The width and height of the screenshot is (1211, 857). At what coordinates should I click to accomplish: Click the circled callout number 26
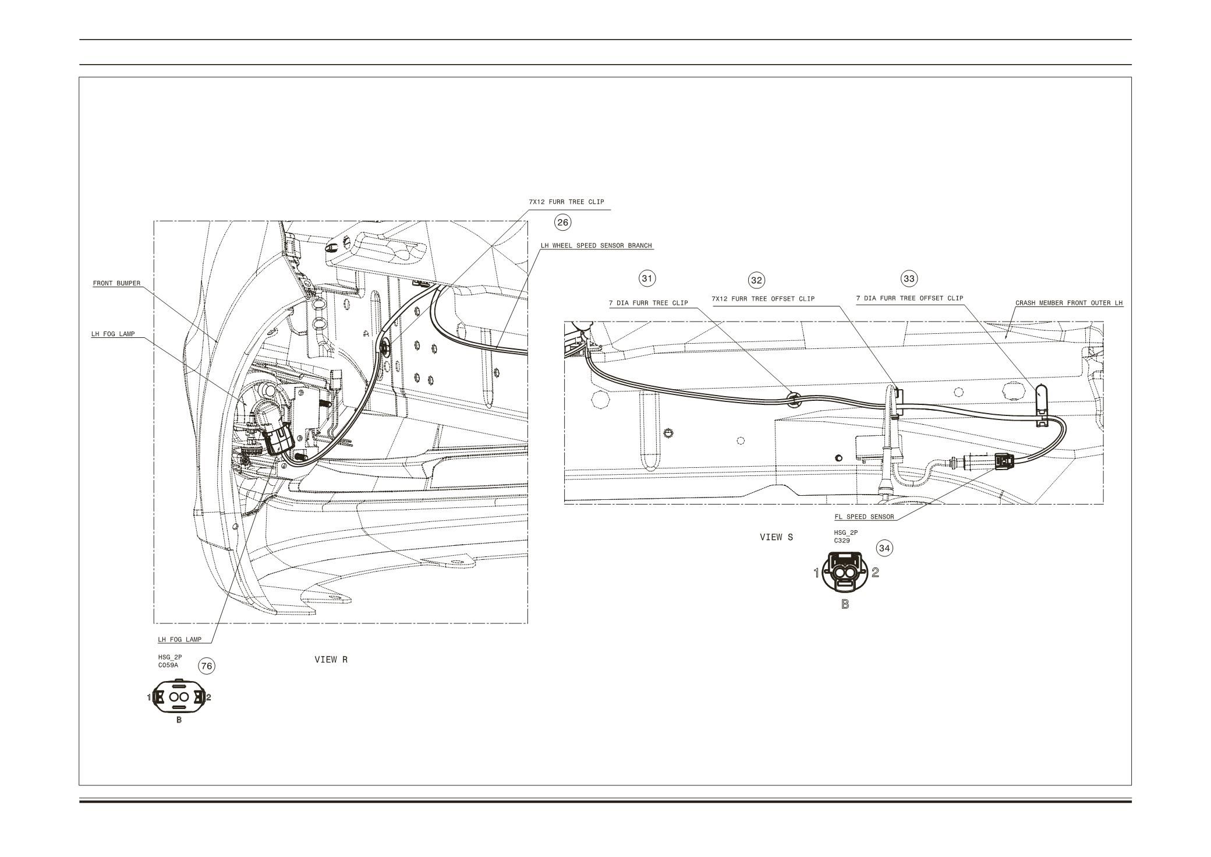[x=562, y=222]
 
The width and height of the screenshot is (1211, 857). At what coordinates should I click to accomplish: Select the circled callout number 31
[x=647, y=278]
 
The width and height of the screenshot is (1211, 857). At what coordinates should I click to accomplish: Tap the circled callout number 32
[x=756, y=280]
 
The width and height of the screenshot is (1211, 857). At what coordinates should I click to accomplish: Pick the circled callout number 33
[x=909, y=278]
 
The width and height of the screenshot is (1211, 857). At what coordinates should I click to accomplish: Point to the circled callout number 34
[x=885, y=548]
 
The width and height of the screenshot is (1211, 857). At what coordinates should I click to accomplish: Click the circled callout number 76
[x=207, y=666]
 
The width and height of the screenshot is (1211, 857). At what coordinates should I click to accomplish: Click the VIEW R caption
[x=331, y=659]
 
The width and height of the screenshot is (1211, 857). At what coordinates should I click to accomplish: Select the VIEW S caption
[x=776, y=537]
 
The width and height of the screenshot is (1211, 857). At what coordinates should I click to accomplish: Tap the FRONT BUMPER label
[x=116, y=284]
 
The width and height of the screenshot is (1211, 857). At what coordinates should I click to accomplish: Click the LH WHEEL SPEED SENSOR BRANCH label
[x=596, y=246]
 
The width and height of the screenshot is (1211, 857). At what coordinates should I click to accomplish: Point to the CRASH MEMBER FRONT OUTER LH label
[x=1069, y=303]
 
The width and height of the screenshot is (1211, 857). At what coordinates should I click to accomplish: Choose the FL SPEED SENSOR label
[x=864, y=517]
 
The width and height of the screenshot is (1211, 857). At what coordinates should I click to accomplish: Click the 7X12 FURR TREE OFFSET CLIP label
[x=763, y=299]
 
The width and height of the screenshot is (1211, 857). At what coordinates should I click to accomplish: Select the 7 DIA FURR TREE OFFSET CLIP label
[x=909, y=298]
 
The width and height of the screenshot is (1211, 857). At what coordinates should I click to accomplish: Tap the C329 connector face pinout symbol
[x=845, y=573]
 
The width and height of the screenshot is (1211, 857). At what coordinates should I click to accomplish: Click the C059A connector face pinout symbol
[x=179, y=697]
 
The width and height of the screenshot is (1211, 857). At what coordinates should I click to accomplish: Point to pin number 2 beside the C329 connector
[x=875, y=573]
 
